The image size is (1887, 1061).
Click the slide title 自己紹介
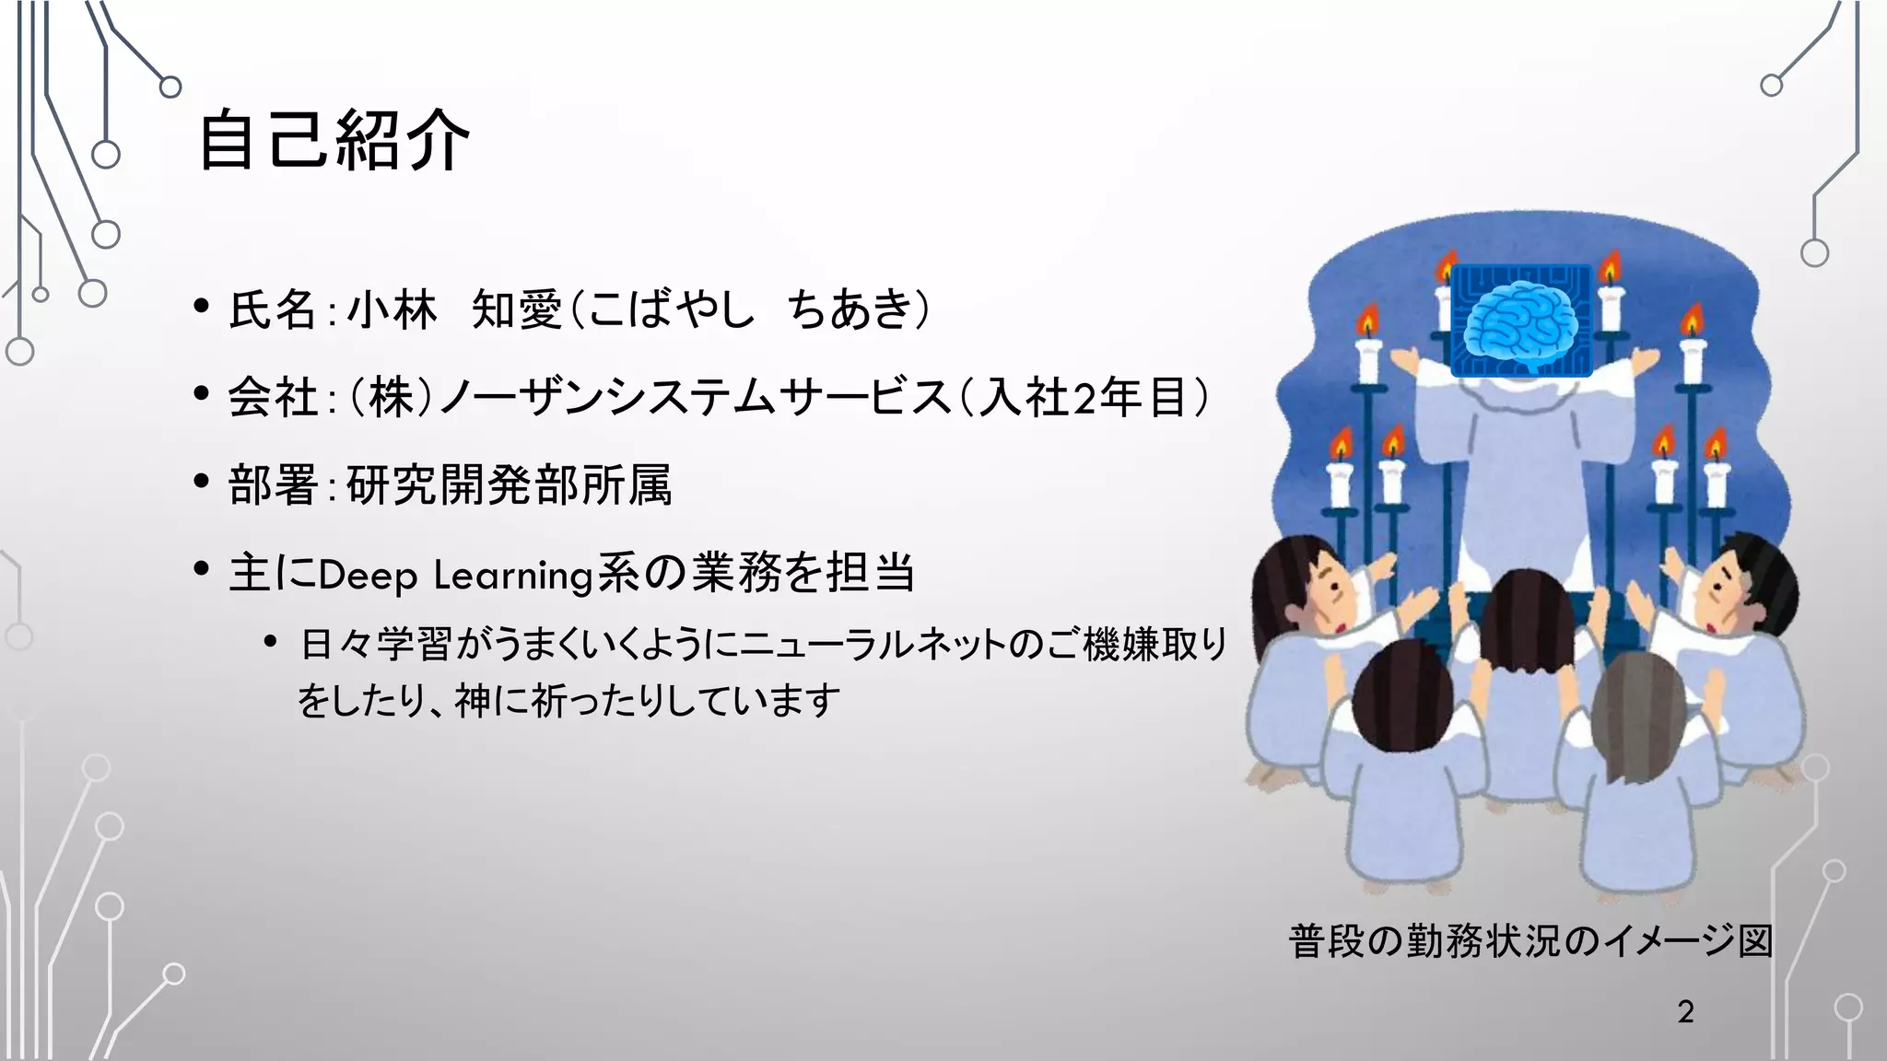[x=334, y=140]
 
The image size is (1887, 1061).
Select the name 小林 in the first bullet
[x=392, y=309]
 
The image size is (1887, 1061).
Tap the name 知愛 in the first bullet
[x=516, y=309]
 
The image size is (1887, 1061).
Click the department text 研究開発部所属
[x=510, y=485]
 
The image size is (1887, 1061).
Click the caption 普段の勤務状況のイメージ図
[x=1530, y=941]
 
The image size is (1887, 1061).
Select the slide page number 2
[x=1685, y=1011]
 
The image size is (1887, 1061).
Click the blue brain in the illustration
[x=1520, y=319]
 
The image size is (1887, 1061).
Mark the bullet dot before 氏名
[x=202, y=306]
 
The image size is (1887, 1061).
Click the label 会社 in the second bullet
[x=273, y=398]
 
